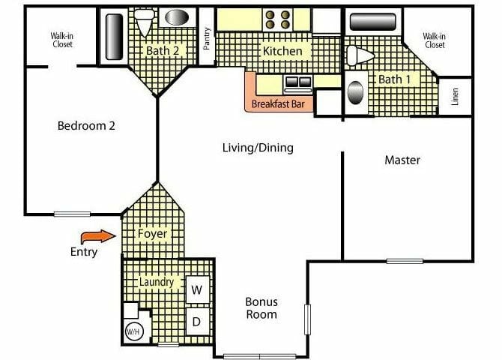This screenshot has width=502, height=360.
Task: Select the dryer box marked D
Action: point(198,322)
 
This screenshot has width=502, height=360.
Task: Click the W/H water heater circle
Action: point(134,331)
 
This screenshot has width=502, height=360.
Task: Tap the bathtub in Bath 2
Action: point(115,36)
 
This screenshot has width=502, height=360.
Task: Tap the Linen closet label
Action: point(456,97)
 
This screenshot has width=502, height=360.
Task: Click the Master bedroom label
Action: point(402,160)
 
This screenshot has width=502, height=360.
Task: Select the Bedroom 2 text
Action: point(86,126)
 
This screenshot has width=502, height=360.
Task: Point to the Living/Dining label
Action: point(258,148)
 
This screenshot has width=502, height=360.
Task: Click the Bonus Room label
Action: point(261,308)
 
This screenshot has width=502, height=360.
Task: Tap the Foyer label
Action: point(152,233)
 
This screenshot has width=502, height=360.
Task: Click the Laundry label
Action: point(157,282)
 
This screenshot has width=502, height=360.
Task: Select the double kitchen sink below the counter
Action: point(297,82)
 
